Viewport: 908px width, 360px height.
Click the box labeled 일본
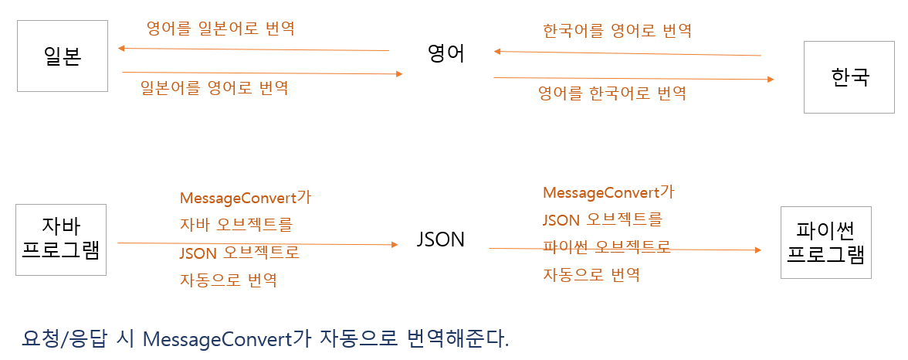(62, 57)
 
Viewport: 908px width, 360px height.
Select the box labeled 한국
(849, 77)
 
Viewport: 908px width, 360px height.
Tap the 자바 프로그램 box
(61, 239)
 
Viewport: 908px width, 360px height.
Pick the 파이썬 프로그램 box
(825, 242)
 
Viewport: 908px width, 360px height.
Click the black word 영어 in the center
(446, 54)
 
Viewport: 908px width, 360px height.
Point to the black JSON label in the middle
(440, 239)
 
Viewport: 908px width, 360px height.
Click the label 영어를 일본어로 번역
(221, 29)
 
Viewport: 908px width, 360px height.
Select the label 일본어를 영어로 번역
(215, 87)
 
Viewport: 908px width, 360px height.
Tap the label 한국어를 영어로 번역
(617, 31)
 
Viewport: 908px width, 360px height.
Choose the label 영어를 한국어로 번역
(612, 94)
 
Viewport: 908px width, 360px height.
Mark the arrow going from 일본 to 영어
(263, 73)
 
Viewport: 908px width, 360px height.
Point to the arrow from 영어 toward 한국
(633, 78)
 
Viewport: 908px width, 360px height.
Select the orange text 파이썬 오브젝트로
(606, 247)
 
